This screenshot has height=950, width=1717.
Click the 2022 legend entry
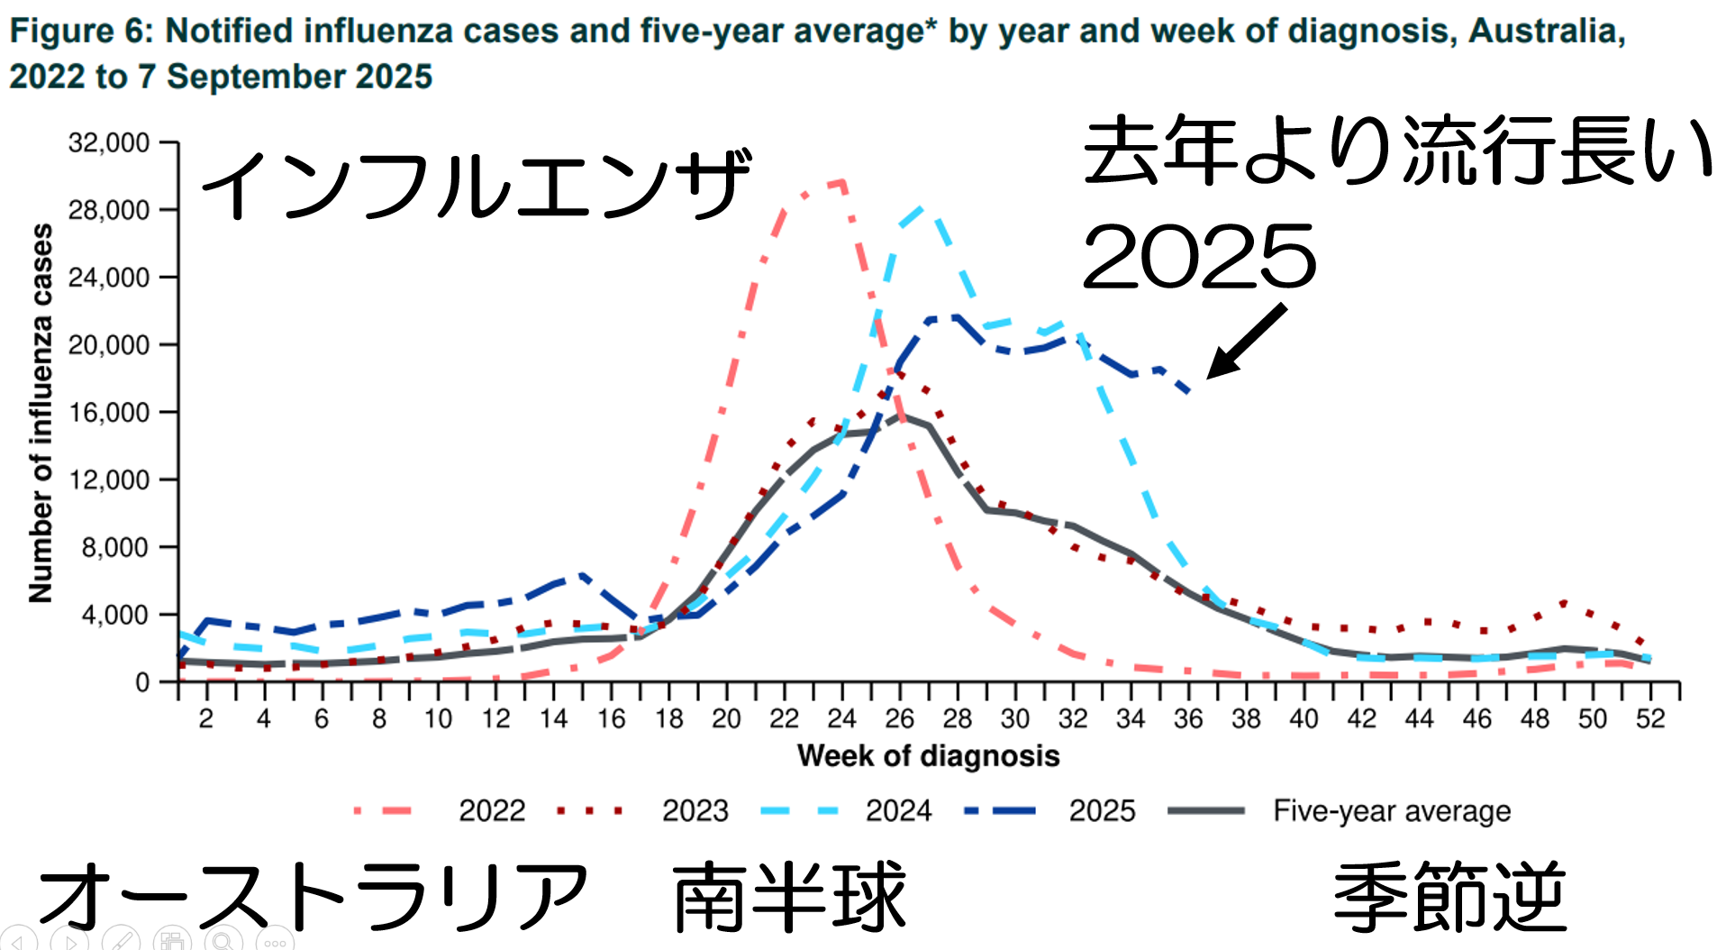(491, 810)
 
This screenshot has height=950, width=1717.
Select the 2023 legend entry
(695, 810)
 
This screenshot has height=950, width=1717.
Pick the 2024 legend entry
(898, 810)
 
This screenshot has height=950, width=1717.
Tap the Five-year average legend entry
(1391, 810)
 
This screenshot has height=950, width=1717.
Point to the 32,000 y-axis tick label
(109, 142)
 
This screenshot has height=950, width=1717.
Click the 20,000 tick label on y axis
(109, 344)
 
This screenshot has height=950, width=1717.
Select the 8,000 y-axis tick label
(115, 547)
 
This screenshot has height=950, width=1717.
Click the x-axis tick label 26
(899, 718)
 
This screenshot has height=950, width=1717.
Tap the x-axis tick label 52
(1650, 718)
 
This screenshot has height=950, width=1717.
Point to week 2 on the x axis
(206, 718)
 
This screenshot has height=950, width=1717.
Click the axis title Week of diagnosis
(928, 755)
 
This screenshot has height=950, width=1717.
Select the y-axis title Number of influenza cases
(41, 413)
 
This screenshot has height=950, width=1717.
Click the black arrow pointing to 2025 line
(1247, 341)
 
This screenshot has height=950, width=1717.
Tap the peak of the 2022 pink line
(840, 183)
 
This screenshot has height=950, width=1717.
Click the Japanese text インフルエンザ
(476, 185)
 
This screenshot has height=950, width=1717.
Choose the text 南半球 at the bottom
(789, 897)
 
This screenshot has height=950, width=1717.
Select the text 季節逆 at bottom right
(1449, 897)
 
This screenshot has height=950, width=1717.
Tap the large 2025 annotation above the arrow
(1199, 257)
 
